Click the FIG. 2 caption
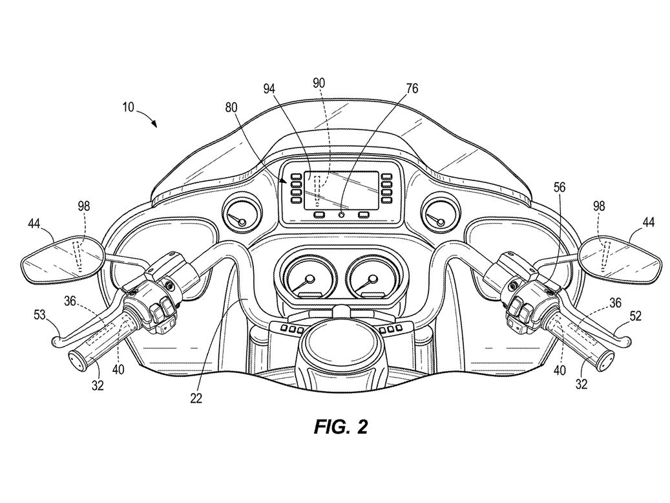tap(340, 427)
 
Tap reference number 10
tap(128, 107)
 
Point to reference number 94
tap(269, 89)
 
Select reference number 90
tap(319, 83)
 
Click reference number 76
tap(412, 89)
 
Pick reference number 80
tap(231, 107)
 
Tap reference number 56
tap(559, 187)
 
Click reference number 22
tap(196, 398)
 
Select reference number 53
tap(40, 316)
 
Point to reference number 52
tap(635, 316)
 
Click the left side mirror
tap(63, 259)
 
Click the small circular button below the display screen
tap(341, 215)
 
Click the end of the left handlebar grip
tap(77, 360)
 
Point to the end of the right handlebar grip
tap(605, 360)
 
